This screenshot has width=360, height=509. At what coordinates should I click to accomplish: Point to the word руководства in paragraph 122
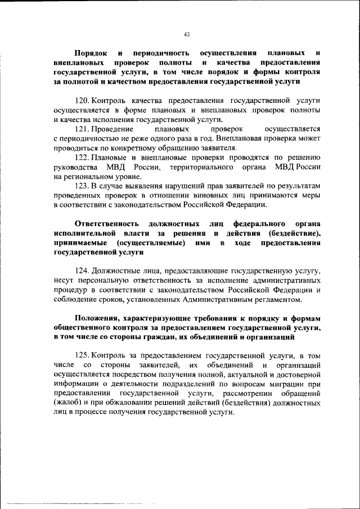[73, 166]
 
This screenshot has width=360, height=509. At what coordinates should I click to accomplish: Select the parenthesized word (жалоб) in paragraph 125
[68, 402]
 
